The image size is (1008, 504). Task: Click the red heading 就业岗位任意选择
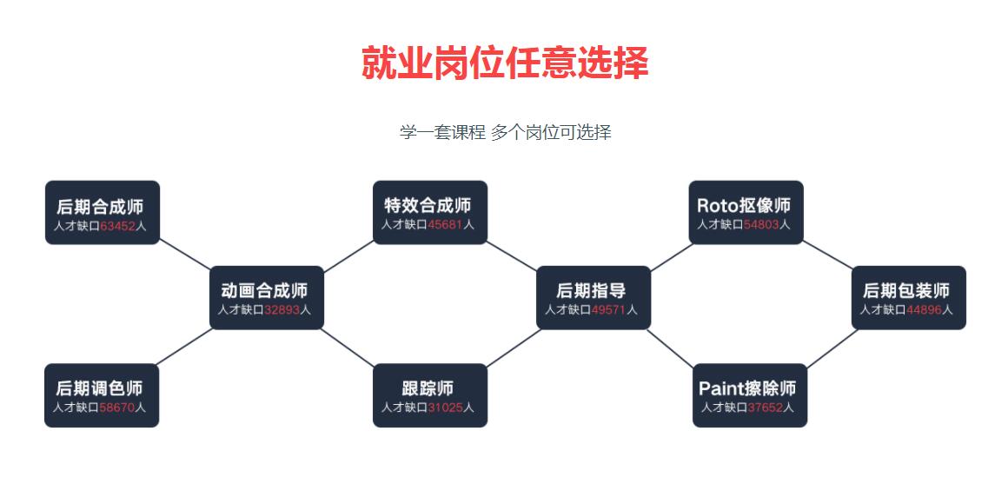click(x=505, y=63)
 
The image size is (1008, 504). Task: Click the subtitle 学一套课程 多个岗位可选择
click(x=505, y=132)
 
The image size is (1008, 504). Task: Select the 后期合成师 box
click(x=102, y=212)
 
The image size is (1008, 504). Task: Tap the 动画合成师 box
click(x=266, y=297)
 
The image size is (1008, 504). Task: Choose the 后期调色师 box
click(x=101, y=395)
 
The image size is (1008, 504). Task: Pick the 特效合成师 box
click(x=429, y=212)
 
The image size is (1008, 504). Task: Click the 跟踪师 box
click(x=429, y=395)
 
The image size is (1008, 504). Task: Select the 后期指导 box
click(x=593, y=297)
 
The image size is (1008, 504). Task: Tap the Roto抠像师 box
click(x=746, y=212)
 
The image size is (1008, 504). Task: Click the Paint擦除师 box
click(x=749, y=395)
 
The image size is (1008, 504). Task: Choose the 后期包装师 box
click(x=908, y=297)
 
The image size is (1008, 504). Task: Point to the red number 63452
click(x=117, y=226)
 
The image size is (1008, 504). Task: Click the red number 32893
click(x=282, y=310)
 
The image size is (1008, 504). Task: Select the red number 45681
click(x=445, y=225)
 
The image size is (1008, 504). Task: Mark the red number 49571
click(x=608, y=310)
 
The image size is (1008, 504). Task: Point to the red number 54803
click(x=761, y=225)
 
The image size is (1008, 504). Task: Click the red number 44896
click(x=924, y=310)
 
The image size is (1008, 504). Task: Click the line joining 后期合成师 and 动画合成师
click(x=185, y=255)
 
